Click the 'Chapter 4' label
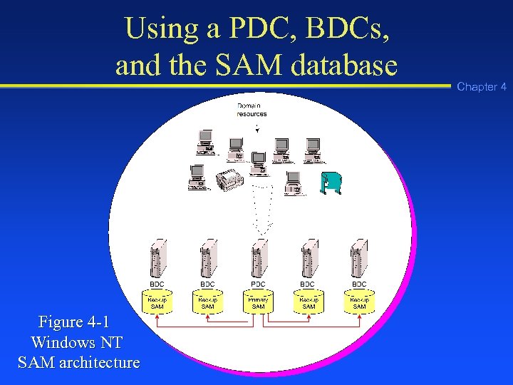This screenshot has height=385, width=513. [x=482, y=87]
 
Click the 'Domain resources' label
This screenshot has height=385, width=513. [x=252, y=110]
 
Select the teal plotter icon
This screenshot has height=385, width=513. [x=331, y=183]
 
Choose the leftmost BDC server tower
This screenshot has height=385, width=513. [x=157, y=258]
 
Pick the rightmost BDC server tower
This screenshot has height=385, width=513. [x=359, y=258]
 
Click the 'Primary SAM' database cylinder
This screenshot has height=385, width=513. [x=258, y=302]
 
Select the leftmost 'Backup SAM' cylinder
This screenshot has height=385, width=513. [x=157, y=302]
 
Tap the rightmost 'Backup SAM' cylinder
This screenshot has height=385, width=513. [x=359, y=302]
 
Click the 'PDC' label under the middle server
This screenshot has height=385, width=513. [x=258, y=284]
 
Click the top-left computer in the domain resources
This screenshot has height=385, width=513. [x=206, y=141]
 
